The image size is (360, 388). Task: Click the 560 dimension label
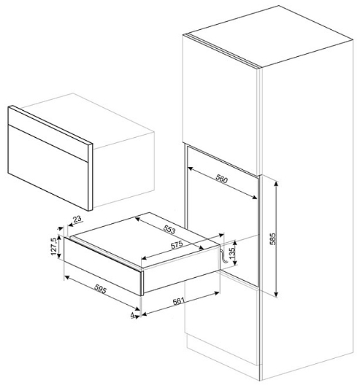point(221,179)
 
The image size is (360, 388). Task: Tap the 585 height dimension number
point(272,238)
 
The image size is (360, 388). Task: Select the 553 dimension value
point(169,230)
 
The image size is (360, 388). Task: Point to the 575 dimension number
point(177,245)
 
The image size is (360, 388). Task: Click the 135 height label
point(232,253)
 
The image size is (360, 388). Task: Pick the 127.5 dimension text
point(53,247)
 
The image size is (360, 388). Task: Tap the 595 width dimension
point(101,289)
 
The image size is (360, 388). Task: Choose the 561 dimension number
point(179,301)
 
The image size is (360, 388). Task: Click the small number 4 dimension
point(133,315)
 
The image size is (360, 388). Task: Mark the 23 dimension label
point(77,219)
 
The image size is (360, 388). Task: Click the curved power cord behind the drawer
point(223,257)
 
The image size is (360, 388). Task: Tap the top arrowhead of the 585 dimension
point(277,183)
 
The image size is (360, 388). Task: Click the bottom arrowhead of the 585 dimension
point(277,294)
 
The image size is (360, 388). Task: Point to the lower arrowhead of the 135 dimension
point(235,263)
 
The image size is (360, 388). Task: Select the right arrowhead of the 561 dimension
point(217,293)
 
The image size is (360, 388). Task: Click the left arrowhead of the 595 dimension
point(67,277)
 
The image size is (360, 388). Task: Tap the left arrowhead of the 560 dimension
point(191,169)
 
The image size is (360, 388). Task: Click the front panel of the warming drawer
point(102,266)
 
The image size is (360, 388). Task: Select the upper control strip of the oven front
point(49,134)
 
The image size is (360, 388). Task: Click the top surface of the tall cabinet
point(271,36)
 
